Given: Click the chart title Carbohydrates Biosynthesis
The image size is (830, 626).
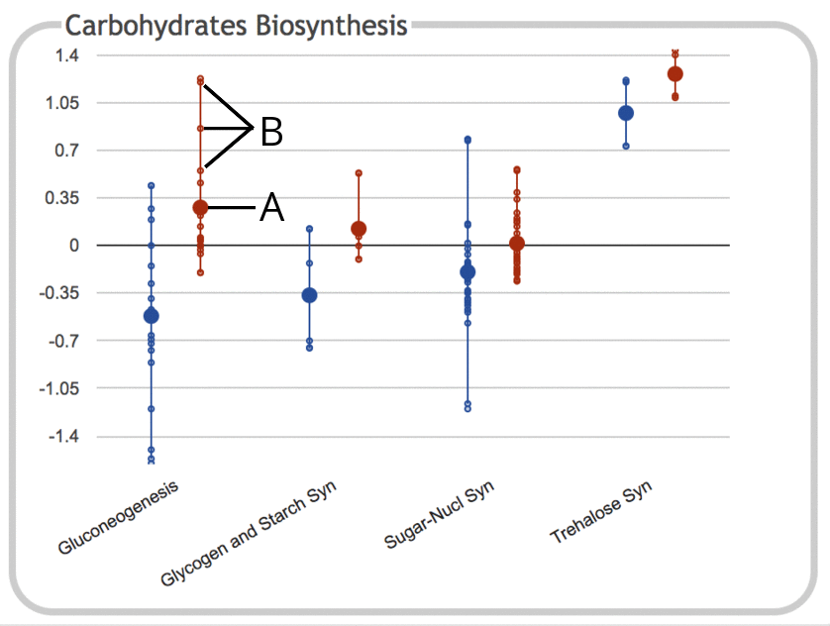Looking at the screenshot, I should click(236, 25).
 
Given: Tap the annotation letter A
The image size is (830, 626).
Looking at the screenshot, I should click(271, 208).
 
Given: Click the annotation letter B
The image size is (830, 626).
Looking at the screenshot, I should click(271, 132).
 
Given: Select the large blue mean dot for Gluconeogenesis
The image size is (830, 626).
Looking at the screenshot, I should click(152, 316).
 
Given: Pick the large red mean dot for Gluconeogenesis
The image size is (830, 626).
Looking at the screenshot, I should click(200, 207).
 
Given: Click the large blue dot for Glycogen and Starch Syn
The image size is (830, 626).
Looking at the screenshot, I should click(309, 295).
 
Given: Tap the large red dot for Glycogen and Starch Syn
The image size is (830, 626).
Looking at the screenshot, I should click(359, 229).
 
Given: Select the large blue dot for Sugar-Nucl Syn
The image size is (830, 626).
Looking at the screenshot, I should click(468, 271).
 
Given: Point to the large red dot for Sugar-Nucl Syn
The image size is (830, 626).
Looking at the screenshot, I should click(517, 244).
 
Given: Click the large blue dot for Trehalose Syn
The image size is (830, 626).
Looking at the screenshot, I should click(626, 113).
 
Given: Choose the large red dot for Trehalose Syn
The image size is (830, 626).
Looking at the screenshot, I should click(675, 74).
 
